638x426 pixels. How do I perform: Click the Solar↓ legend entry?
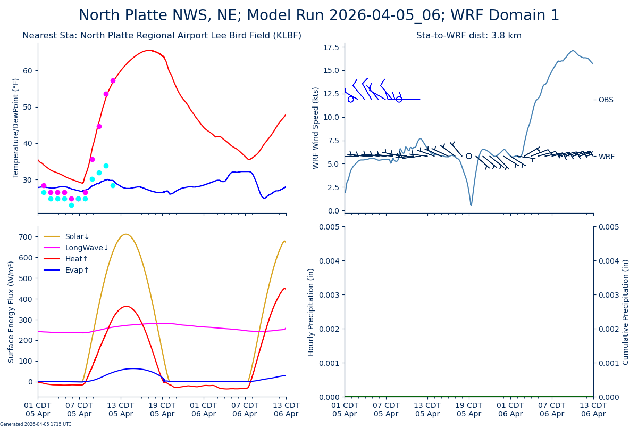(77, 236)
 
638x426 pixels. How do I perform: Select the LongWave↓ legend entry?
(87, 248)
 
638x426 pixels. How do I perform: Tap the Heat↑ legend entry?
(77, 259)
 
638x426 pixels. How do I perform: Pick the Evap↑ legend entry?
(77, 270)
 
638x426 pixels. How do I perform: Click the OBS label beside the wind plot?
(606, 100)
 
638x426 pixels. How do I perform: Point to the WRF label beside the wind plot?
(606, 157)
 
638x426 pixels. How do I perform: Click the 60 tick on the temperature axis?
(28, 71)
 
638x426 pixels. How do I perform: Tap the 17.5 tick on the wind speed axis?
(331, 47)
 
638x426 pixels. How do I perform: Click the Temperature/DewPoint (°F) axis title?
(16, 128)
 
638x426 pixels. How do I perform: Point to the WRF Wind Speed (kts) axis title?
(316, 128)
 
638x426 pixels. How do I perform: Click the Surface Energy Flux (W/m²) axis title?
(11, 312)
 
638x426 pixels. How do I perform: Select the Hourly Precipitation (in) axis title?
(312, 312)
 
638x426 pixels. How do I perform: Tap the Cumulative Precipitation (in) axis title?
(626, 312)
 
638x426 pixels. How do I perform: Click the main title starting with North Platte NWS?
(319, 15)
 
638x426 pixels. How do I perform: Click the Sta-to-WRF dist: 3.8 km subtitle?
(468, 36)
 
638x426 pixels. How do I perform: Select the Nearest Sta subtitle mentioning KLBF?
(162, 36)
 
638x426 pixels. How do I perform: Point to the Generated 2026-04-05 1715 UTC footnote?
(36, 424)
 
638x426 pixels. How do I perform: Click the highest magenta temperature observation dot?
(113, 81)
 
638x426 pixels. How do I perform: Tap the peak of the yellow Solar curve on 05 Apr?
(125, 234)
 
